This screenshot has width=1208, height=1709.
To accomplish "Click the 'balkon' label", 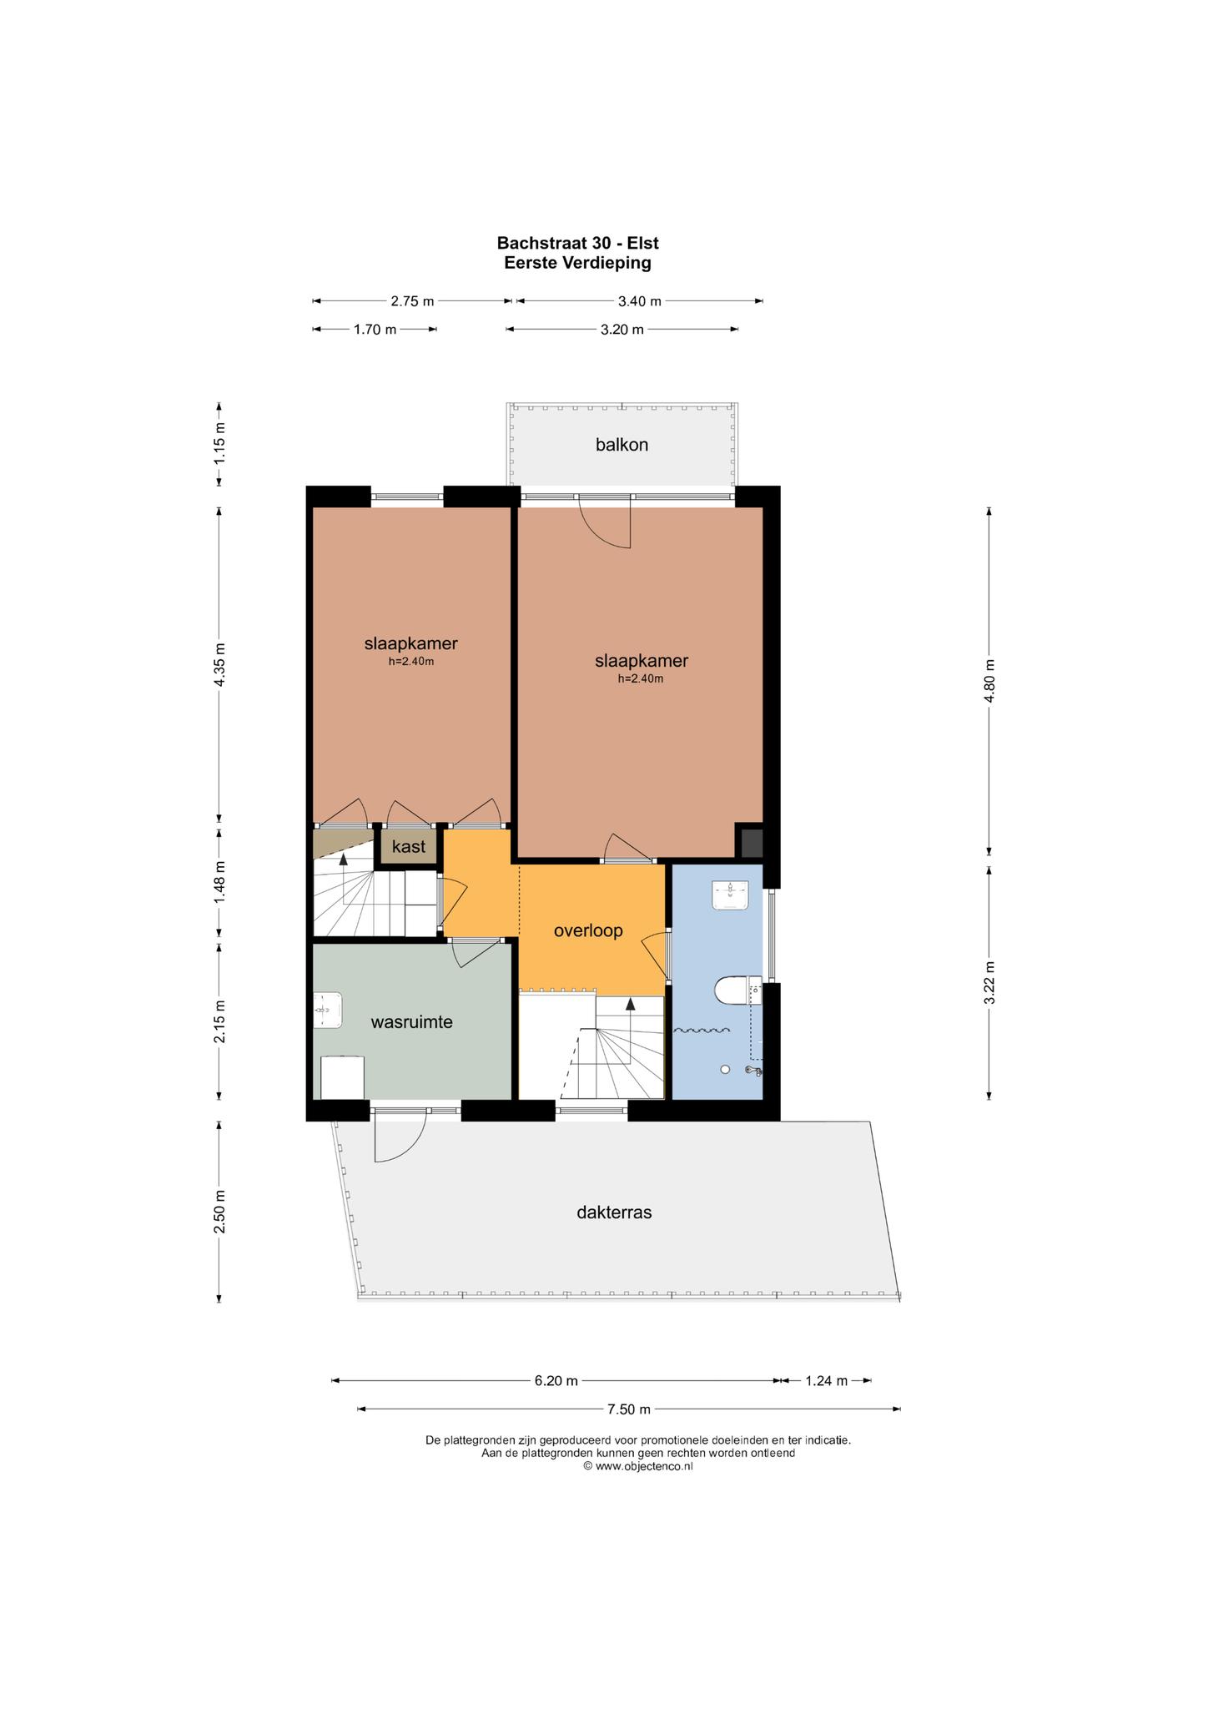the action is [x=622, y=445].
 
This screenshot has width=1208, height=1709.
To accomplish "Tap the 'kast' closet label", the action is [x=409, y=847].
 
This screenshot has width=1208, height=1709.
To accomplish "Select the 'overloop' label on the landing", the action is [x=588, y=930].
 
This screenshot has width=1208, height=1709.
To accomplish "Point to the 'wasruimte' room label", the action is [x=411, y=1021].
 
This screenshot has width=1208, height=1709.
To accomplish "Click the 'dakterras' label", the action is [x=614, y=1212].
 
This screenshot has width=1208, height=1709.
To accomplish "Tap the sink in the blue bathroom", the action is [x=731, y=895].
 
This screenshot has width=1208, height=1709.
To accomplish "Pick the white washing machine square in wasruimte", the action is [x=343, y=1077].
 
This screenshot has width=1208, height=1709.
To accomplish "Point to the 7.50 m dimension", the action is [x=629, y=1409].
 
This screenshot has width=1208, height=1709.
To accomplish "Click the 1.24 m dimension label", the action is [x=826, y=1381].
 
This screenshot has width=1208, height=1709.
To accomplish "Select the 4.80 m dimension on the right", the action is [x=989, y=681].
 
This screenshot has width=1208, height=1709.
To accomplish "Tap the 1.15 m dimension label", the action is [x=219, y=444].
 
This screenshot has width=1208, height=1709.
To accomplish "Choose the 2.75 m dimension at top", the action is [x=412, y=301].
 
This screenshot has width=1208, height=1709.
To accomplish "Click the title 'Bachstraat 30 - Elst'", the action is [x=578, y=243].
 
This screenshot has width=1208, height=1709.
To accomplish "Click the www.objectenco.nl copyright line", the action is [x=637, y=1465].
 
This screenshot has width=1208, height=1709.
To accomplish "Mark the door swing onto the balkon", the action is [x=606, y=522].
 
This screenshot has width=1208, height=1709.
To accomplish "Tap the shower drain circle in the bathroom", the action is [x=725, y=1069].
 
